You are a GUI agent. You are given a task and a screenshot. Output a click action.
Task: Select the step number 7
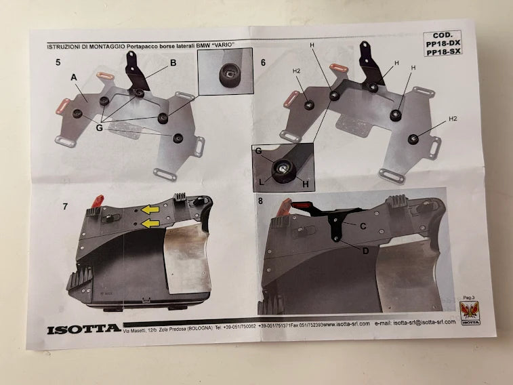coord(64,206)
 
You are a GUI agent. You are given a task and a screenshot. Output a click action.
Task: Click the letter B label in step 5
coord(173,63)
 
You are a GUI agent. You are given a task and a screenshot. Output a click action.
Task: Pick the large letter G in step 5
coord(100,126)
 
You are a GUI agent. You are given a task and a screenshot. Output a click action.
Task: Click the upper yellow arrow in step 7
coord(150,211)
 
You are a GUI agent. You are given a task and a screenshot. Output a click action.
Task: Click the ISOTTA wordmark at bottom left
coord(84,330)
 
